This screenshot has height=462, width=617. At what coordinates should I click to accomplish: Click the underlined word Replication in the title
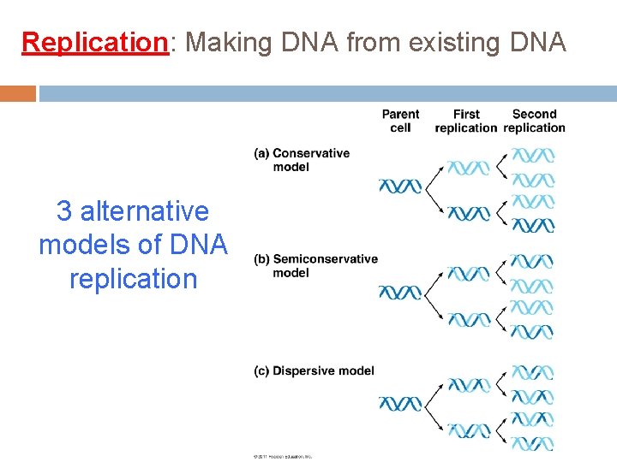coord(94,41)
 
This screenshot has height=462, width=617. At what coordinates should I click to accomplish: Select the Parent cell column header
coord(400,121)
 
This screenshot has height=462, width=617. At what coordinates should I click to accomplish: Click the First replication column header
coord(465,121)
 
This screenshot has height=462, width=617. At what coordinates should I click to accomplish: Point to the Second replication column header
coord(534,121)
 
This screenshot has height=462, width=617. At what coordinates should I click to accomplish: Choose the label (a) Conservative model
coord(302,160)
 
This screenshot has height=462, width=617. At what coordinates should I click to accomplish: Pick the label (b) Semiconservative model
coord(315,265)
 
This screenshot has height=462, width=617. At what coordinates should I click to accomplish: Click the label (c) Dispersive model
coord(314,370)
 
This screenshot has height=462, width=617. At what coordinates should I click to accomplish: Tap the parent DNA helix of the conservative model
coord(400,186)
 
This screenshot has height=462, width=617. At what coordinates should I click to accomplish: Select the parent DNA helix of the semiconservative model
coord(400,293)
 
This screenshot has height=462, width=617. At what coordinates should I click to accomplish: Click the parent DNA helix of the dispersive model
coord(400,403)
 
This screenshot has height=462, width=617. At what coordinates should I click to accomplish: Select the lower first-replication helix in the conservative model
coord(469,213)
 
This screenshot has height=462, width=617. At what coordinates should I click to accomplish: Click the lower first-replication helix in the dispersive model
coord(469,429)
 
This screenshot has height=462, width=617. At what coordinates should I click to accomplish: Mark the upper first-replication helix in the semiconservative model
coord(469,274)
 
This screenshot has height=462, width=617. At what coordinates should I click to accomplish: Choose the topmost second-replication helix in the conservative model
coord(533,156)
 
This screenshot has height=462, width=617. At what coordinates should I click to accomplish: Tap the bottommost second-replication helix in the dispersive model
coord(533,443)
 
